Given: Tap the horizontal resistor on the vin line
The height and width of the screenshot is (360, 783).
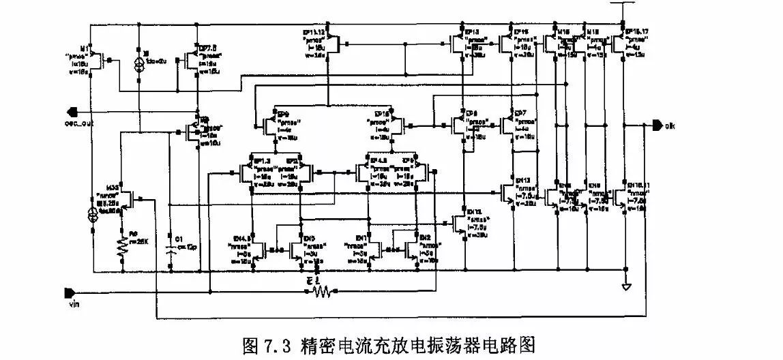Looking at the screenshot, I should [x=321, y=292].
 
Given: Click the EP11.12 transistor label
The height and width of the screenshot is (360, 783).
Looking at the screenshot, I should [x=316, y=32].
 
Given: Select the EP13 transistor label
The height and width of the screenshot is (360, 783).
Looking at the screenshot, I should [x=472, y=32].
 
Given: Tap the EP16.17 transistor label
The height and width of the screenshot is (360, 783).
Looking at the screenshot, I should [x=636, y=32].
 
